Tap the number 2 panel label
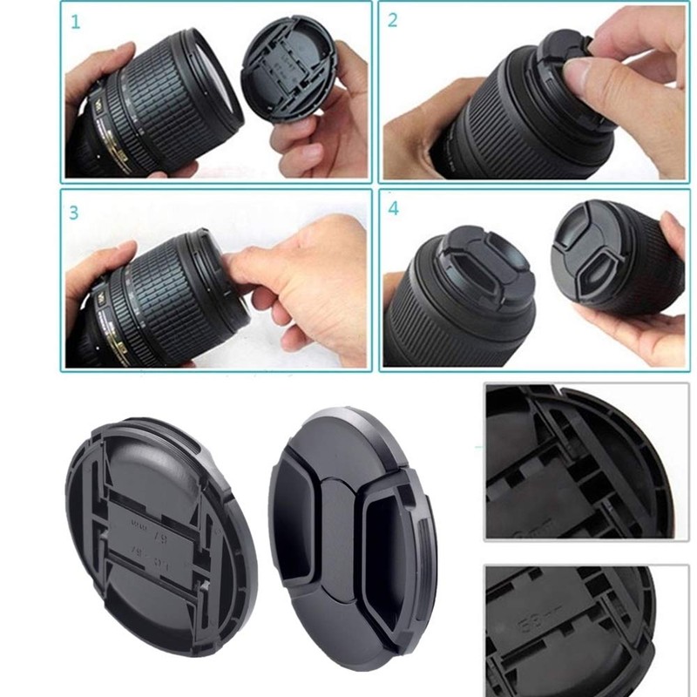(393, 20)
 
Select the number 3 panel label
(74, 212)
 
